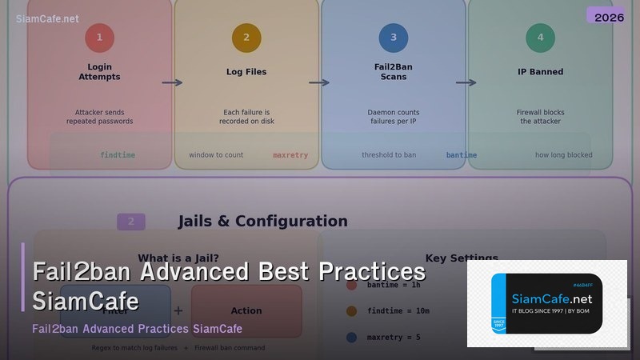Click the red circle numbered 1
coord(99,38)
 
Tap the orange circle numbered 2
coord(246,38)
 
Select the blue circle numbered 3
coord(393,38)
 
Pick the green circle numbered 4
coord(540,38)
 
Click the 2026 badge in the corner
coord(609,17)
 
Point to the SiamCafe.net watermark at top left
coord(48,18)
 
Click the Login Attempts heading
coord(99,72)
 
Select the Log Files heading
coord(246,72)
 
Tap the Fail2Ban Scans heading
coord(393,72)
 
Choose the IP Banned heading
coord(540,72)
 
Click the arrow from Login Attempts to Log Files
coord(172,82)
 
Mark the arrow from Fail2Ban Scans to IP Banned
coord(466,82)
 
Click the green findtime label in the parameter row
coord(118,155)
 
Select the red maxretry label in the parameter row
coord(290,155)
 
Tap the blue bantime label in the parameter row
coord(462,155)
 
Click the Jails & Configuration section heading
coord(262,222)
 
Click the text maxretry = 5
coord(394,338)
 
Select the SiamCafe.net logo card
coord(546,303)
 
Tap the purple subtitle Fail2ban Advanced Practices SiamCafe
coord(137,329)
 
